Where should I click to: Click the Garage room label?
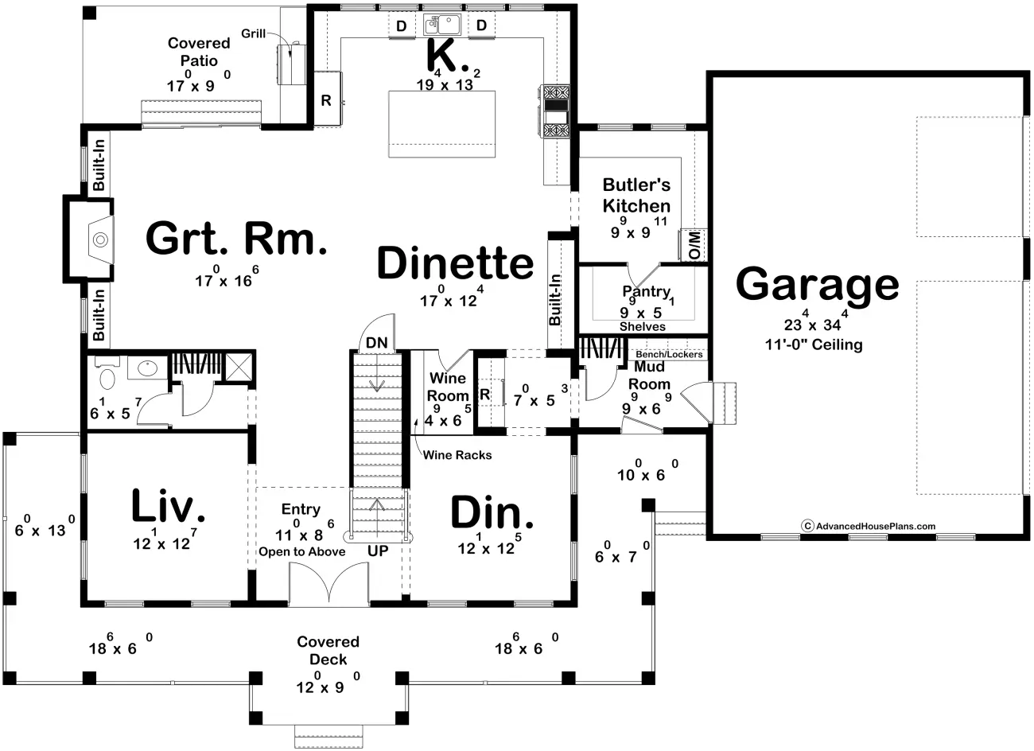[817, 284]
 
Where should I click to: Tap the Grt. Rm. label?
[236, 239]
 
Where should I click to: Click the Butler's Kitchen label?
[636, 196]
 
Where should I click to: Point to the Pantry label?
[646, 292]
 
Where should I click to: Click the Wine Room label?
[448, 387]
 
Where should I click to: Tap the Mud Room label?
[650, 375]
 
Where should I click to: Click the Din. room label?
[492, 513]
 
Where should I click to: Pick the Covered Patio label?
[198, 52]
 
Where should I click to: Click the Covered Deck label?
[328, 650]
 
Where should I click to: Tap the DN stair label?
[376, 343]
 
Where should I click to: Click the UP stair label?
[378, 551]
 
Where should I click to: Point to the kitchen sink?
[441, 24]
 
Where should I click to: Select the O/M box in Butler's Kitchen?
[693, 245]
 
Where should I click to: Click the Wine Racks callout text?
[457, 455]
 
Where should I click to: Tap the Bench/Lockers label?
[669, 354]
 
